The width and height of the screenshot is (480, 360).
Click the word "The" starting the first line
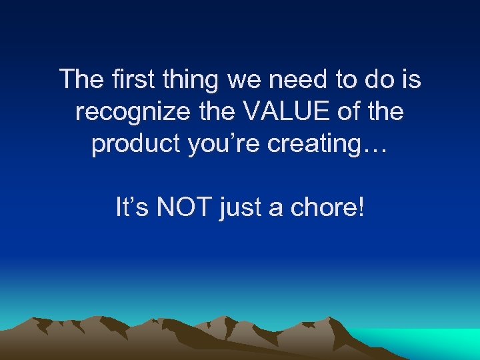[x=79, y=79]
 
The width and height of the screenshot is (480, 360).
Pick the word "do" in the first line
[x=376, y=79]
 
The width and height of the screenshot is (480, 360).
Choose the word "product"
[x=130, y=145]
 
